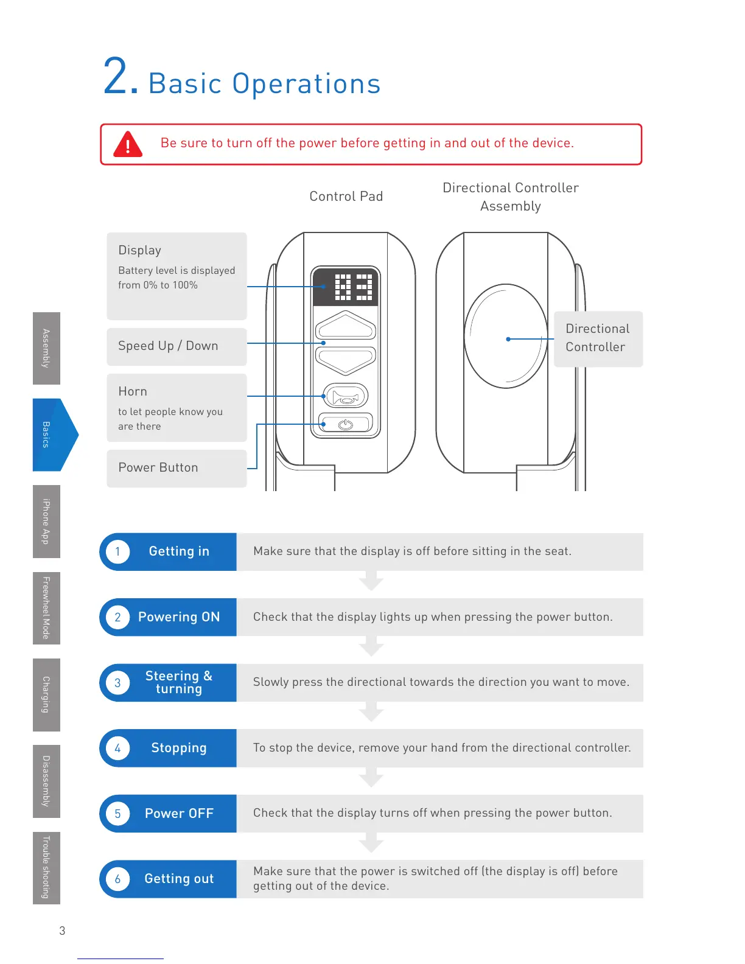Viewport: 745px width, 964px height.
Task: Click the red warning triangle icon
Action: click(128, 145)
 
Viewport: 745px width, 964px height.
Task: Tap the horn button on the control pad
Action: click(345, 397)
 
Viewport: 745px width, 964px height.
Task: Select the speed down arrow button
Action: click(345, 360)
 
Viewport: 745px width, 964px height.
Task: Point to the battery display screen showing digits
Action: click(346, 287)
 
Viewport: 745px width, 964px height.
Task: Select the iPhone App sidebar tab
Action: click(46, 521)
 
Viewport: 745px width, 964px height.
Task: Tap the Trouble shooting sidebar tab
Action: click(46, 867)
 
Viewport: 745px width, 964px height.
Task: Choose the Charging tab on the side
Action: click(46, 694)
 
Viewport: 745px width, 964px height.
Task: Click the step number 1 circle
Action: click(118, 552)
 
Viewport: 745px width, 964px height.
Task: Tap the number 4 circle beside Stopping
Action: click(118, 748)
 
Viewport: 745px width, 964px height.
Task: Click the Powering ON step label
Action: click(179, 617)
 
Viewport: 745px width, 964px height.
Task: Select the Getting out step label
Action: click(179, 879)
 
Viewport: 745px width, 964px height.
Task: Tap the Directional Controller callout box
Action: click(598, 338)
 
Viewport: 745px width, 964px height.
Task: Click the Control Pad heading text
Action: click(346, 197)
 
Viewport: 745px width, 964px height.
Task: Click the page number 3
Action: click(62, 931)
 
